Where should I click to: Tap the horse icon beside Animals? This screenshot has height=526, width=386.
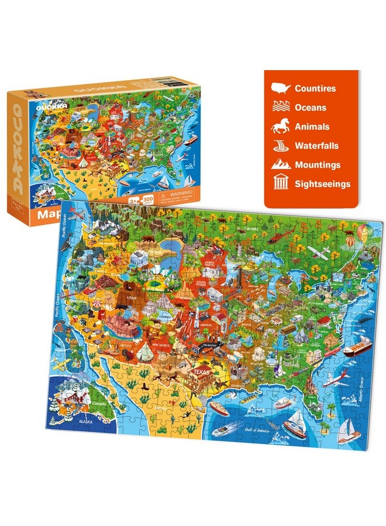[x=281, y=126]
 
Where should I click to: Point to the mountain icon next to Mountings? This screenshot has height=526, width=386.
[x=281, y=165]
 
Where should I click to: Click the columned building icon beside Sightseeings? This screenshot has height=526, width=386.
[x=281, y=184]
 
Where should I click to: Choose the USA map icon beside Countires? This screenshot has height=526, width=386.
[x=281, y=89]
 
